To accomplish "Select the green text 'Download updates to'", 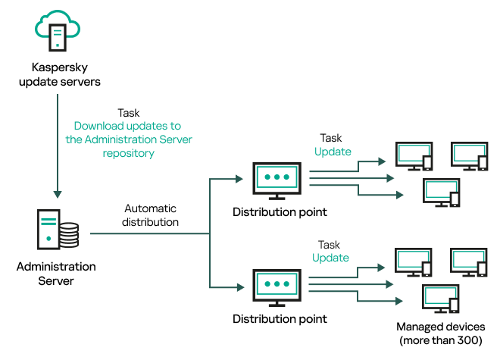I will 127,126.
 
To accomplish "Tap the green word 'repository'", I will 128,153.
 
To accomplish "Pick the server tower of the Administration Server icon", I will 48,230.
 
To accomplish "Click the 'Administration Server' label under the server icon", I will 57,274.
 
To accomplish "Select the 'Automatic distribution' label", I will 150,215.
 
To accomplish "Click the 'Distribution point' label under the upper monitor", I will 280,211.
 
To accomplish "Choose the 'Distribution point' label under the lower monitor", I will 280,319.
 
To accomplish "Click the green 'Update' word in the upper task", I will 333,152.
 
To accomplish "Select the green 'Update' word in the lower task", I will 330,258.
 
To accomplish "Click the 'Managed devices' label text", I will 441,327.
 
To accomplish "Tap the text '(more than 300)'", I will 441,340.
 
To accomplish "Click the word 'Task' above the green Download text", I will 129,112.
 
